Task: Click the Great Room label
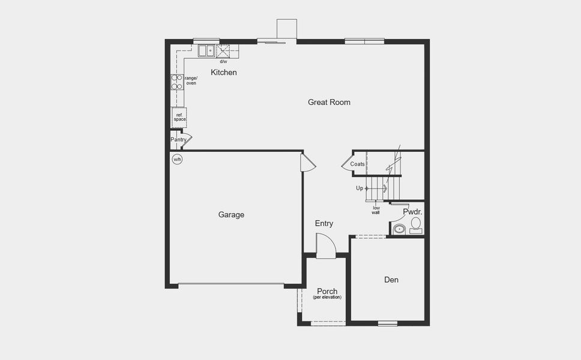tap(329, 102)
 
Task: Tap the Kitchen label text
tap(223, 73)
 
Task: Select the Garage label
tap(231, 215)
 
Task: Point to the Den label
tap(391, 280)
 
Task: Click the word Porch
tap(327, 292)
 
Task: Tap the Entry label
tap(324, 224)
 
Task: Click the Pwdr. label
tap(412, 212)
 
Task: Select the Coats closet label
tap(358, 164)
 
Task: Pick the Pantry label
tap(178, 140)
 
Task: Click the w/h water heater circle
tap(177, 159)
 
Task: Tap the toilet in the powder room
tap(416, 225)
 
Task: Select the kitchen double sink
tap(207, 50)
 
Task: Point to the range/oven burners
tap(177, 82)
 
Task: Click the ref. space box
tap(179, 117)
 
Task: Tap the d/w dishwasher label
tap(223, 62)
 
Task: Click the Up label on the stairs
tap(360, 188)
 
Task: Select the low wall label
tap(376, 210)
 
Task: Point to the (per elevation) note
tap(327, 298)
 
